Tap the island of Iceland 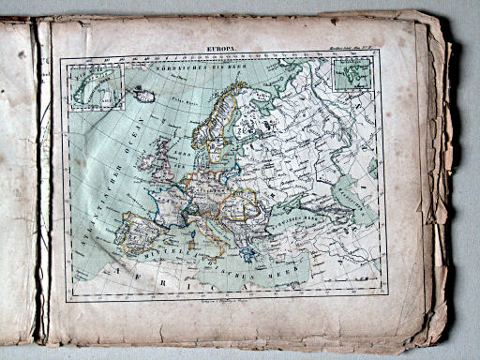tap(145, 95)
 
